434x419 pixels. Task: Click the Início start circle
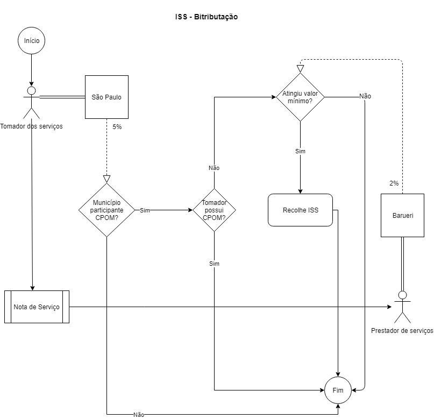click(x=32, y=41)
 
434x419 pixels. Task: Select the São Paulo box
click(x=106, y=97)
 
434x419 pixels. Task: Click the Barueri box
click(x=402, y=215)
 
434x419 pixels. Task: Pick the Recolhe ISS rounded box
click(x=300, y=210)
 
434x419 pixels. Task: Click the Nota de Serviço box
click(x=37, y=307)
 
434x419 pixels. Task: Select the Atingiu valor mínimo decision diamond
click(x=300, y=97)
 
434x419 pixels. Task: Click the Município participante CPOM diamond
click(x=106, y=210)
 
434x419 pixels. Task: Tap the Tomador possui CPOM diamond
click(x=214, y=210)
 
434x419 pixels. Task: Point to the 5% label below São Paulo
click(x=117, y=127)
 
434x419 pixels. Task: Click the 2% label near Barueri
click(x=394, y=183)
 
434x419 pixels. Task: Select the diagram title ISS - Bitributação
click(x=207, y=17)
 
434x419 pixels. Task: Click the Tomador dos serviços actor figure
click(x=32, y=102)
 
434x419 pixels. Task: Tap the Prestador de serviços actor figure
click(x=402, y=307)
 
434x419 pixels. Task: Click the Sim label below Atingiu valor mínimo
click(x=300, y=151)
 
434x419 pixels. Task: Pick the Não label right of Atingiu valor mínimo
click(x=365, y=96)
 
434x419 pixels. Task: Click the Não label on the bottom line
click(x=139, y=415)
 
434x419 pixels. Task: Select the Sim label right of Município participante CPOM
click(x=145, y=210)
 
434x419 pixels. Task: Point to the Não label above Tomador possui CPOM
click(x=214, y=168)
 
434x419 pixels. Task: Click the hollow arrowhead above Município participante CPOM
click(x=106, y=179)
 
